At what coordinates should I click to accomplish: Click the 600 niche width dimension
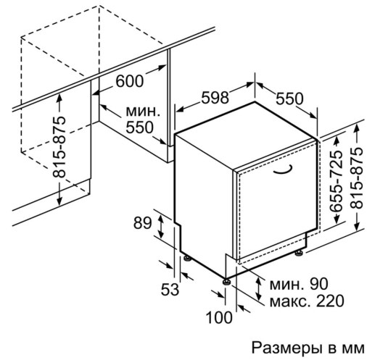(129, 80)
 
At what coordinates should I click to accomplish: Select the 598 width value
(215, 98)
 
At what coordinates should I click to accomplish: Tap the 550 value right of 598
(289, 99)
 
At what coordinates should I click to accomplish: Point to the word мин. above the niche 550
(143, 112)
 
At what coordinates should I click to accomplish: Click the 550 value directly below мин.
(140, 127)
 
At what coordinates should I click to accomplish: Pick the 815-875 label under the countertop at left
(59, 147)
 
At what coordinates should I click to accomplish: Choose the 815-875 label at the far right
(356, 178)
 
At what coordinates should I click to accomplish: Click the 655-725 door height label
(337, 181)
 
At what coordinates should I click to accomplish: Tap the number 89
(142, 223)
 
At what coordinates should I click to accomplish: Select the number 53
(170, 289)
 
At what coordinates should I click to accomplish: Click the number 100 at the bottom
(219, 317)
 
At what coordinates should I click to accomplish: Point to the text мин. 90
(299, 284)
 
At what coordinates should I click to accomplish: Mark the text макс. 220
(307, 301)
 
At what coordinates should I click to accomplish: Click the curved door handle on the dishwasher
(283, 170)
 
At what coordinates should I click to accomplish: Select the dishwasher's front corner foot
(226, 282)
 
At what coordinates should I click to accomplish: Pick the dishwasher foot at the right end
(299, 254)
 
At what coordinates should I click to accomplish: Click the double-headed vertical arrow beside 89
(161, 226)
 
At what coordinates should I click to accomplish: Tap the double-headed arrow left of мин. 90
(259, 288)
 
